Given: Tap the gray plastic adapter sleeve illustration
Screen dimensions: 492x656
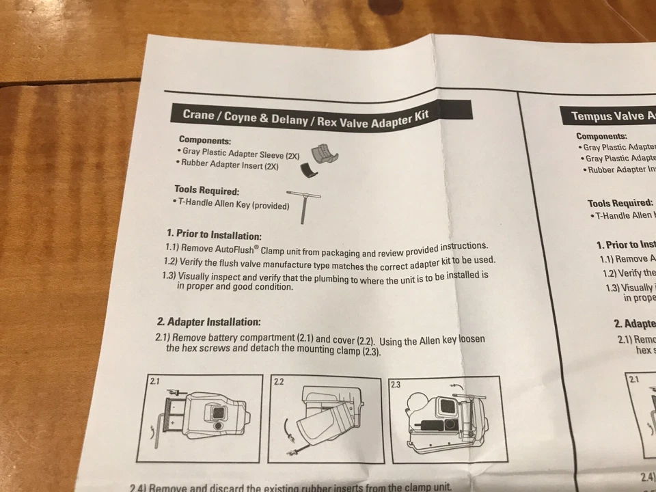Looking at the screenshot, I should click(326, 154).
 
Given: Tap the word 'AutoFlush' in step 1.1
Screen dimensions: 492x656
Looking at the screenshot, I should click(225, 248).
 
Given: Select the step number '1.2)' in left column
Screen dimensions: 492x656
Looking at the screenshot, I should click(170, 262).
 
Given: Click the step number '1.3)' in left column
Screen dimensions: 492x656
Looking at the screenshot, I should click(169, 276).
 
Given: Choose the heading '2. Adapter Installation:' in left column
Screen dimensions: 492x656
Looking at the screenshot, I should click(208, 321).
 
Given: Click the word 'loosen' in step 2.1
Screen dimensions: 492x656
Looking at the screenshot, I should click(472, 340).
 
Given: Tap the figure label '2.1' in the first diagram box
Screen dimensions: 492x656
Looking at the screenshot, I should click(155, 381).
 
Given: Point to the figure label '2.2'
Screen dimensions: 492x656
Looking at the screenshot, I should click(279, 381).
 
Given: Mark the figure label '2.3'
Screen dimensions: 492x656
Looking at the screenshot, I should click(396, 385).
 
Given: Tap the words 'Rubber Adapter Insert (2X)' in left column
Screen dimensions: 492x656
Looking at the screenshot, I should click(229, 165).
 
